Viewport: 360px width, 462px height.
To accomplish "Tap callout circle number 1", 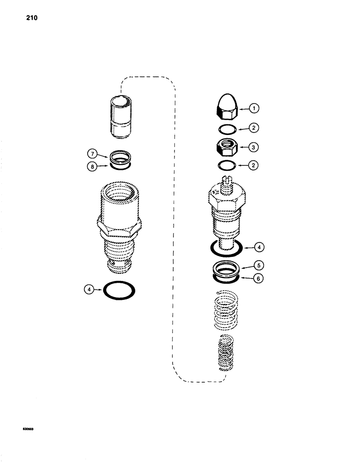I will point(254,109).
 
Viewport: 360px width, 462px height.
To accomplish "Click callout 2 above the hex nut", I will point(254,128).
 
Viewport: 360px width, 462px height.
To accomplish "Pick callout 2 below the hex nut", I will point(254,165).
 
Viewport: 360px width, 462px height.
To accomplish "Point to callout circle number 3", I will point(254,147).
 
